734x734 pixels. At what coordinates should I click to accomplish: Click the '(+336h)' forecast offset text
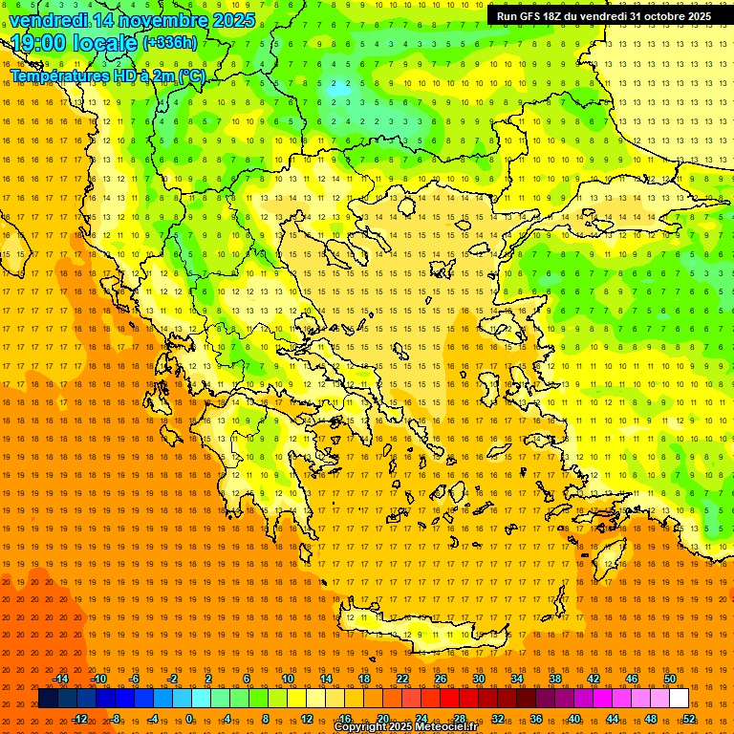click(169, 43)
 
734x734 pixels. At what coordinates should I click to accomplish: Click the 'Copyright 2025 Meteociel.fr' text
click(405, 727)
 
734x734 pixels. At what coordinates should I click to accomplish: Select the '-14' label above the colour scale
click(61, 679)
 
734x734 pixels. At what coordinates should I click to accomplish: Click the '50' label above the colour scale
click(670, 679)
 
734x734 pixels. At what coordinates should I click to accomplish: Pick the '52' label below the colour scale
click(689, 719)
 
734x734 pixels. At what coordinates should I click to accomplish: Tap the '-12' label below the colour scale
click(80, 719)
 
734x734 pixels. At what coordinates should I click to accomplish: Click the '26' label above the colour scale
click(441, 679)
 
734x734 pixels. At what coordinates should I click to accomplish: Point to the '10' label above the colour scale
click(288, 679)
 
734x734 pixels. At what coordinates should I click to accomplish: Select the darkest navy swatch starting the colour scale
click(48, 699)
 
